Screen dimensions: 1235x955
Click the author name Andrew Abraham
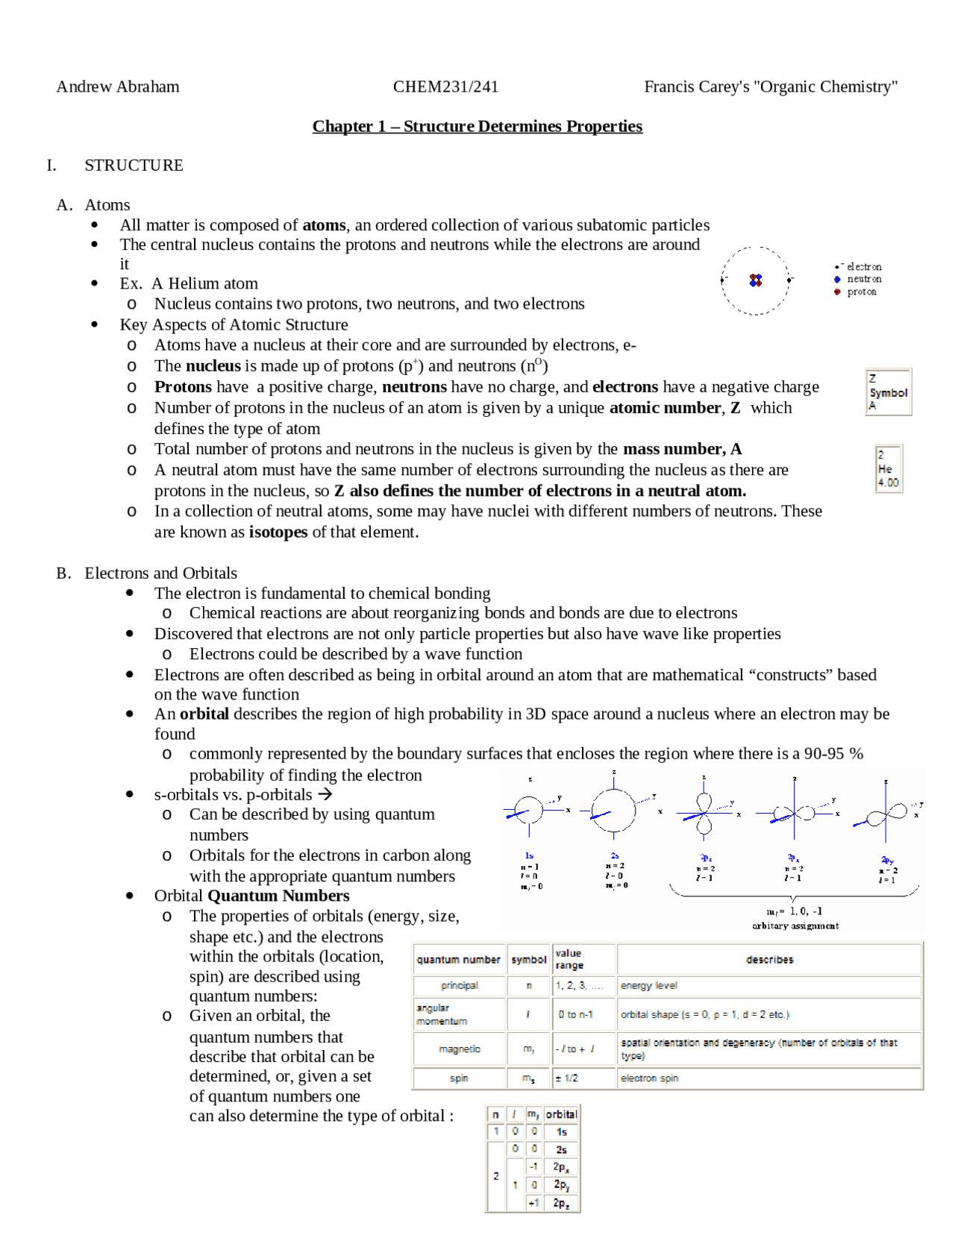point(118,87)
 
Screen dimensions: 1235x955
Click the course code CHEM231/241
point(445,87)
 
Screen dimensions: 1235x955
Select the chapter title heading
point(477,126)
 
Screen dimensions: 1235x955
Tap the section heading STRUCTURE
point(134,165)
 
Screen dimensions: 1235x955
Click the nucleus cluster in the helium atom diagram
point(756,280)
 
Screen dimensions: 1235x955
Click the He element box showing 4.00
point(888,469)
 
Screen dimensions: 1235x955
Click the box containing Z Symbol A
point(888,392)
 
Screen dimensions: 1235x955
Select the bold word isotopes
point(278,532)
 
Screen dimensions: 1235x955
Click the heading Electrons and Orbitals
point(160,573)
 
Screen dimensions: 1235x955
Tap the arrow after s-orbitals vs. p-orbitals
point(325,794)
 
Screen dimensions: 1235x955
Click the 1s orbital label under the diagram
point(529,855)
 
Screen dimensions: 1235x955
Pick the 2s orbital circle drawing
point(614,811)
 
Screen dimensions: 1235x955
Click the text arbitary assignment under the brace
point(795,926)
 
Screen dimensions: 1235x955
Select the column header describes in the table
point(769,960)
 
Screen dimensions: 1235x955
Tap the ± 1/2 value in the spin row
point(566,1078)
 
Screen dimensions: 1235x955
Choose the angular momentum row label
point(433,1014)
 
